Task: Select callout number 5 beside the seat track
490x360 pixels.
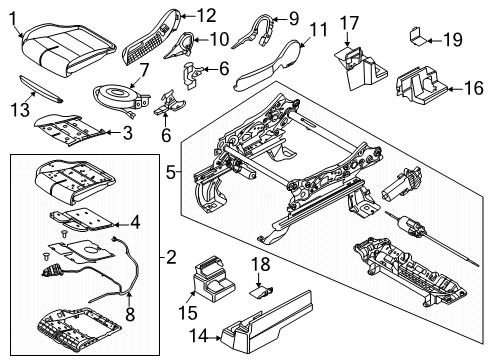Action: pyautogui.click(x=171, y=172)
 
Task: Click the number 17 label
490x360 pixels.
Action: pyautogui.click(x=349, y=22)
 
